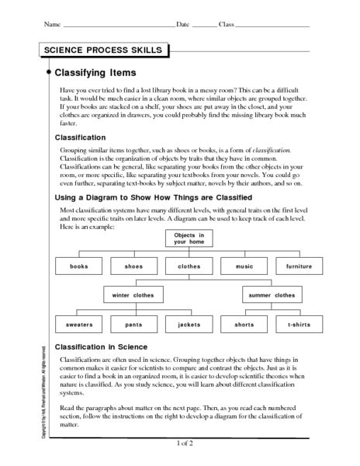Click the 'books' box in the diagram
pyautogui.click(x=78, y=266)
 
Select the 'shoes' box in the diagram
pyautogui.click(x=133, y=266)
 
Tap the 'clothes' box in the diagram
pyautogui.click(x=189, y=266)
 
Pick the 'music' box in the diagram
pyautogui.click(x=244, y=266)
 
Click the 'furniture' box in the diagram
pyautogui.click(x=299, y=266)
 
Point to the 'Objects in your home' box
pyautogui.click(x=189, y=238)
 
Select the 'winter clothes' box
pyautogui.click(x=133, y=295)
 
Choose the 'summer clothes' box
pyautogui.click(x=272, y=295)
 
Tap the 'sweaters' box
pyautogui.click(x=78, y=323)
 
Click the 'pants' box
pyautogui.click(x=133, y=323)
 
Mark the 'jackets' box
pyautogui.click(x=189, y=323)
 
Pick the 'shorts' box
pyautogui.click(x=244, y=323)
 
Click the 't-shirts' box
pyautogui.click(x=299, y=323)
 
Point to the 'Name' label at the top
pyautogui.click(x=52, y=25)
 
